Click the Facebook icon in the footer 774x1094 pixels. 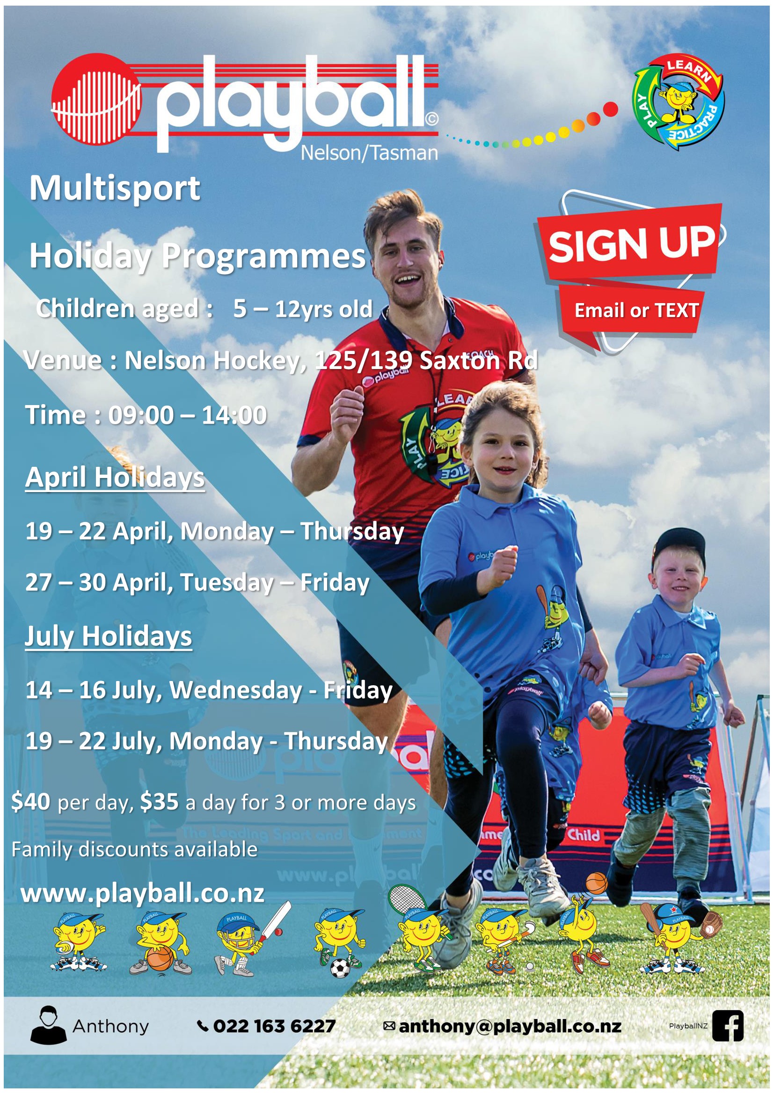(x=728, y=1025)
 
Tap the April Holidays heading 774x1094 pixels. (x=115, y=477)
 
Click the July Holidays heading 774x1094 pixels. (x=108, y=637)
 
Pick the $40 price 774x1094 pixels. (x=30, y=802)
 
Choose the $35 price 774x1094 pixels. (x=160, y=802)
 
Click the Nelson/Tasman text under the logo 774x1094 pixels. (x=369, y=153)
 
